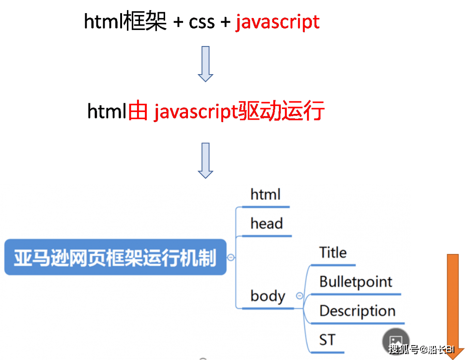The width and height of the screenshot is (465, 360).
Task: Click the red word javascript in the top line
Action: [278, 22]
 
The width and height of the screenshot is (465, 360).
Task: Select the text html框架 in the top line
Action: [125, 22]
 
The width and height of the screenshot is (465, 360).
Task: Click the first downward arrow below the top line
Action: [206, 63]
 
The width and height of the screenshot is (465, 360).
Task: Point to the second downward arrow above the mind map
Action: [206, 160]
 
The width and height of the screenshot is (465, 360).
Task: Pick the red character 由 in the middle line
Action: [138, 112]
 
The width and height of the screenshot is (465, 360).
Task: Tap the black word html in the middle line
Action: [107, 112]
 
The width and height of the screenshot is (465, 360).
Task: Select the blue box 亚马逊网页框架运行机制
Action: [115, 257]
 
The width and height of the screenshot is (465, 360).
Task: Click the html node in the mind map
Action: [265, 195]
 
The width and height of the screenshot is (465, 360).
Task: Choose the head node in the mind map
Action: [266, 224]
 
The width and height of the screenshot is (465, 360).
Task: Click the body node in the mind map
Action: [268, 296]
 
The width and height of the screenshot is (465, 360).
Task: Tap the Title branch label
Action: [333, 253]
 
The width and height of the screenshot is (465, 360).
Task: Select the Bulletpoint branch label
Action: [356, 282]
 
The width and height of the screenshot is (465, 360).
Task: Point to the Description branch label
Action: [357, 311]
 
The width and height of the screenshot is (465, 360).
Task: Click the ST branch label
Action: [327, 340]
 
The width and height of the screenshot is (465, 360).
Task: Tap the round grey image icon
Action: [396, 342]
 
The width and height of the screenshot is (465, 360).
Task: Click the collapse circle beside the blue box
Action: [231, 257]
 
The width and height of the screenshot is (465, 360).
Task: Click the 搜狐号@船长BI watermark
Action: [421, 349]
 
